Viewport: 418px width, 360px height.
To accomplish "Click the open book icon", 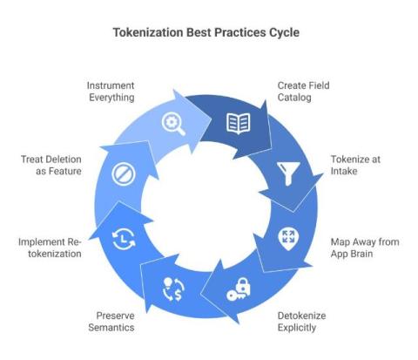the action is pos(239,124).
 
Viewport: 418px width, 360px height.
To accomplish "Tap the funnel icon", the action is pos(288,173).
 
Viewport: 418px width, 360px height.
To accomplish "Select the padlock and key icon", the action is pos(239,289).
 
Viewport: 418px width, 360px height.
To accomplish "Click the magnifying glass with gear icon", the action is pos(173,124).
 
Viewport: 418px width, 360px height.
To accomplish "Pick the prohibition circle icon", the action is pos(124,174).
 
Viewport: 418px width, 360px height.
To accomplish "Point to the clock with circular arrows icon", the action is pos(124,239).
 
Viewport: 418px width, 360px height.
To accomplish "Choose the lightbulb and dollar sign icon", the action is pos(173,289).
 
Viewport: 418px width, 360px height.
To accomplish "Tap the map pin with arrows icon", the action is pos(288,239).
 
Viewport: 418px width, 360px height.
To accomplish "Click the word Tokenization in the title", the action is pos(148,32).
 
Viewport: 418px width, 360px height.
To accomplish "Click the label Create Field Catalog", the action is pos(303,92).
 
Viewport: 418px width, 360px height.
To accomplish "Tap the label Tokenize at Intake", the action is pos(355,165).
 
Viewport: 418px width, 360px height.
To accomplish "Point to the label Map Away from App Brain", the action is pos(365,248).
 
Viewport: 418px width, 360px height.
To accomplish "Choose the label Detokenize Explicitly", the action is pos(301,322).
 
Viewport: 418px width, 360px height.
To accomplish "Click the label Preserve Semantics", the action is pos(111,322).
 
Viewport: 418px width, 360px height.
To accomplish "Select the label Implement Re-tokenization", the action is pos(50,248).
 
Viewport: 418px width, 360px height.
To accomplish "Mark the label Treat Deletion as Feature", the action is pos(51,165).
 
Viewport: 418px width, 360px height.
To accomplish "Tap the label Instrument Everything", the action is pos(111,92).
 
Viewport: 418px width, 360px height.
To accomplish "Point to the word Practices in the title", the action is pos(240,32).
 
